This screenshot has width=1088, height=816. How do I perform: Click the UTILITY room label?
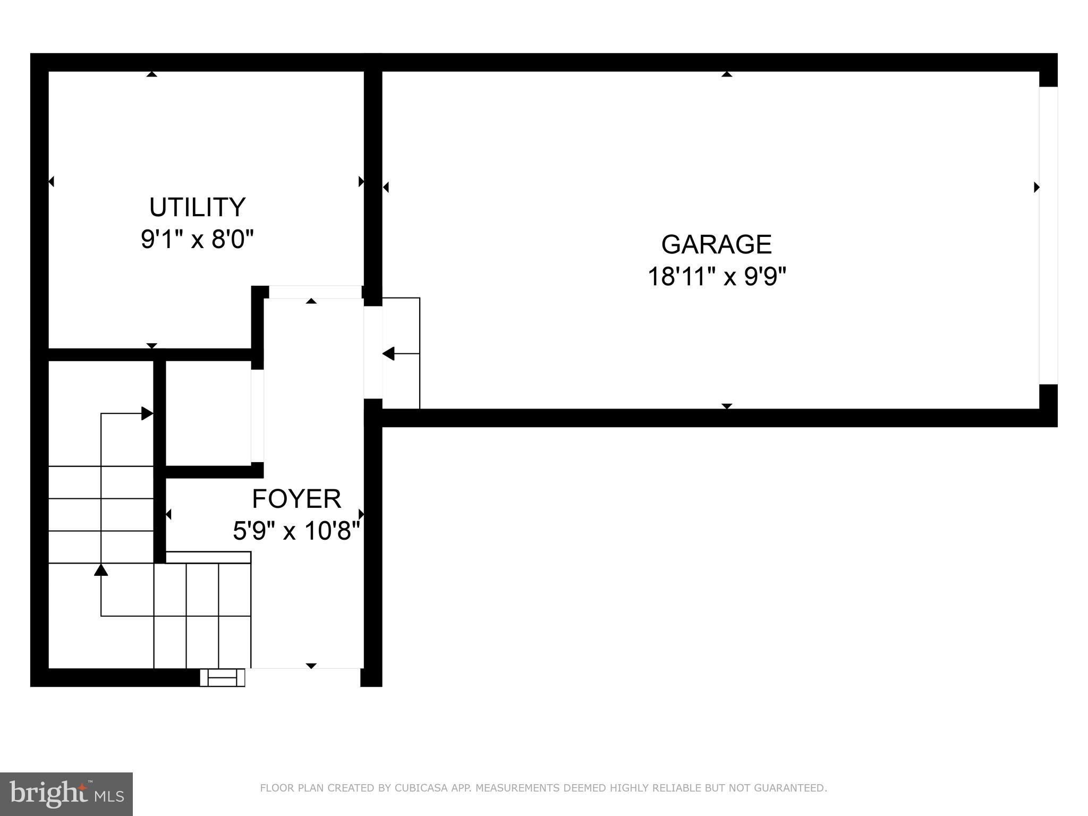(197, 207)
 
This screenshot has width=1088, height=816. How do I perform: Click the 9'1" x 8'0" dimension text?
(197, 240)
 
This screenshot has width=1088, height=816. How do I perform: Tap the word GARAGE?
(716, 244)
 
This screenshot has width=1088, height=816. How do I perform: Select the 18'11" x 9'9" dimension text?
(716, 277)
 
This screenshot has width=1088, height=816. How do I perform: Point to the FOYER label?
(296, 499)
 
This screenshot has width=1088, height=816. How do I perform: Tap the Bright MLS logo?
(66, 794)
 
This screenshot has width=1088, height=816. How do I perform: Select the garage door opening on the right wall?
(1048, 235)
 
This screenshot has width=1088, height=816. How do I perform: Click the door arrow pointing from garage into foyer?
(389, 353)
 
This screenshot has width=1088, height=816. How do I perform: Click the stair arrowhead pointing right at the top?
(147, 413)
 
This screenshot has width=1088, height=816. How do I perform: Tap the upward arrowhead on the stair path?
(101, 570)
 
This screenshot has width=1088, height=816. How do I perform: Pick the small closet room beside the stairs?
(208, 413)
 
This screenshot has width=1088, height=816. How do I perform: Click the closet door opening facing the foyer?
(257, 415)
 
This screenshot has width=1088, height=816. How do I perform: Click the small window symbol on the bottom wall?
(222, 678)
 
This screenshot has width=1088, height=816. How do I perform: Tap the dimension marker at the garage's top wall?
(727, 74)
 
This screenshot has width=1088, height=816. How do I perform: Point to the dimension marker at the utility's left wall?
(51, 182)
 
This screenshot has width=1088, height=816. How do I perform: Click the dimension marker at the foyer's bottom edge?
(311, 666)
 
